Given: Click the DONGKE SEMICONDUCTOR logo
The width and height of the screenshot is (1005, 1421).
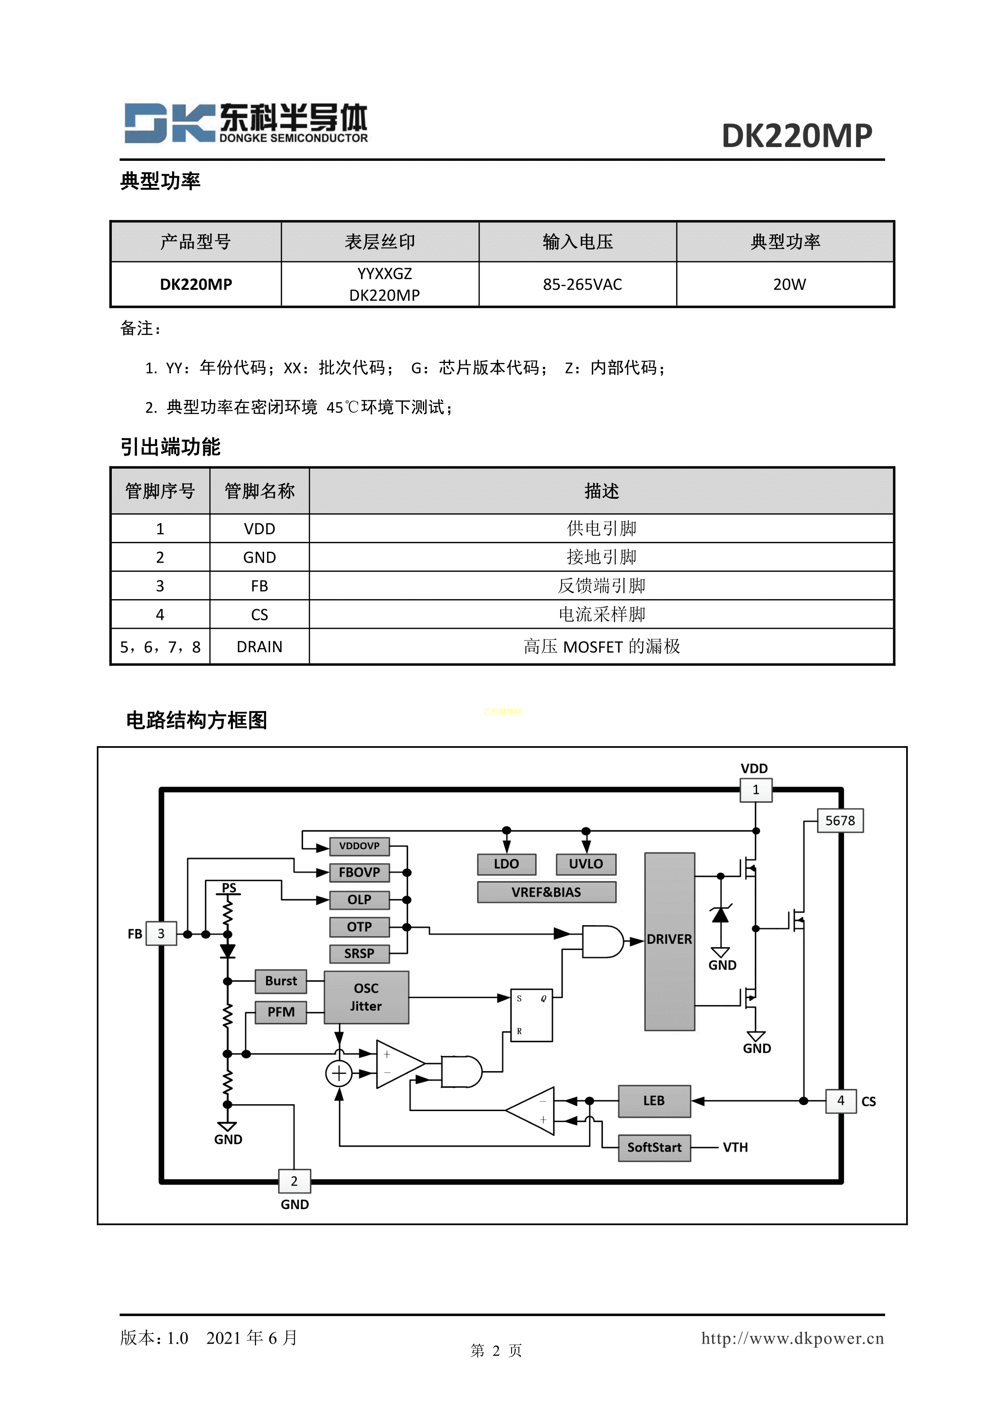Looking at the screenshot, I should click(x=246, y=123).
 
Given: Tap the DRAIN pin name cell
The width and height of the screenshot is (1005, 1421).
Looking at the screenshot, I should click(x=259, y=647).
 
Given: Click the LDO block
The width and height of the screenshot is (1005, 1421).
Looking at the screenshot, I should click(x=506, y=864).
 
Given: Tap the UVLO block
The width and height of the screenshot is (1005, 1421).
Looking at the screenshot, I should click(x=585, y=864).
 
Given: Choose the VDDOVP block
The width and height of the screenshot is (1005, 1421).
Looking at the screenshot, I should click(x=359, y=846).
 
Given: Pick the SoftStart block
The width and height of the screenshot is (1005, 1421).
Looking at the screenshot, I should click(x=654, y=1148).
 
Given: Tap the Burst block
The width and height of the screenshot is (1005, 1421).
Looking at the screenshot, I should click(x=281, y=981).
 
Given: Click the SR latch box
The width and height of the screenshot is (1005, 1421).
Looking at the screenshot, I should click(x=531, y=1015).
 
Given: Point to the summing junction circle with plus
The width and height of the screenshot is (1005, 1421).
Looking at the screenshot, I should click(x=339, y=1073).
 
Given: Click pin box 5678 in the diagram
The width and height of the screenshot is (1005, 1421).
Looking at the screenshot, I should click(x=840, y=821).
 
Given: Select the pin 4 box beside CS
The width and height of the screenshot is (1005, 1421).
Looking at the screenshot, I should click(x=841, y=1101).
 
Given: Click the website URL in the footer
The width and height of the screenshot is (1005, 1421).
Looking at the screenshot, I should click(x=792, y=1338).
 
